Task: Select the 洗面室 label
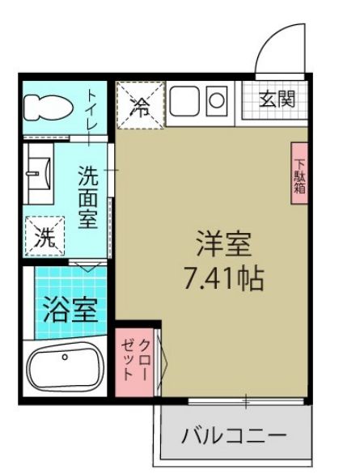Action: click(x=88, y=198)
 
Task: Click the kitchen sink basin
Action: click(x=184, y=104)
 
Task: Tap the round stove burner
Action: click(x=218, y=102)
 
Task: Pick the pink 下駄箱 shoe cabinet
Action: click(x=299, y=174)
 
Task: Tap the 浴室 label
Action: click(x=70, y=310)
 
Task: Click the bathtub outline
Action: click(x=65, y=370)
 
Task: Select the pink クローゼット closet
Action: click(x=135, y=360)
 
